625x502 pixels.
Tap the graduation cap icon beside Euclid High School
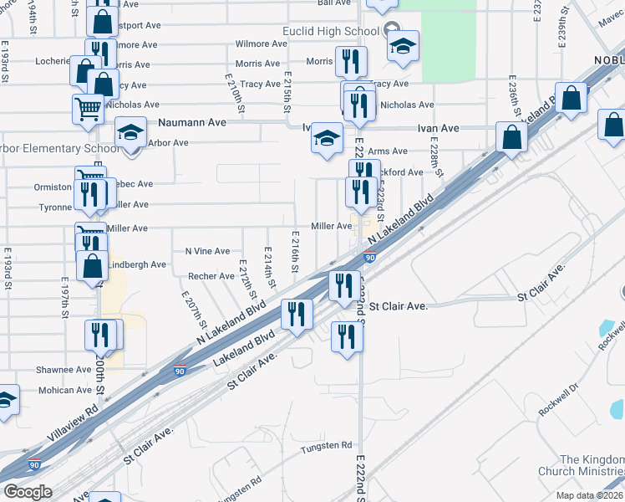[x=403, y=46]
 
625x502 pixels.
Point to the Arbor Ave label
[x=168, y=143]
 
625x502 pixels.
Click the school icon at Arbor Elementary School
[x=130, y=135]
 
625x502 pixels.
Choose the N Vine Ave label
[x=207, y=251]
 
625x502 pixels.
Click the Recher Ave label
[x=211, y=276]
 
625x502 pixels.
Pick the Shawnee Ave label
[x=64, y=370]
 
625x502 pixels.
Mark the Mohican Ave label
[x=64, y=390]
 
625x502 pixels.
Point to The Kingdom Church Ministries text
[x=591, y=466]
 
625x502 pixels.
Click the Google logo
[x=28, y=492]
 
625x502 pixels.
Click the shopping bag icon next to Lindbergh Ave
[x=92, y=267]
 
